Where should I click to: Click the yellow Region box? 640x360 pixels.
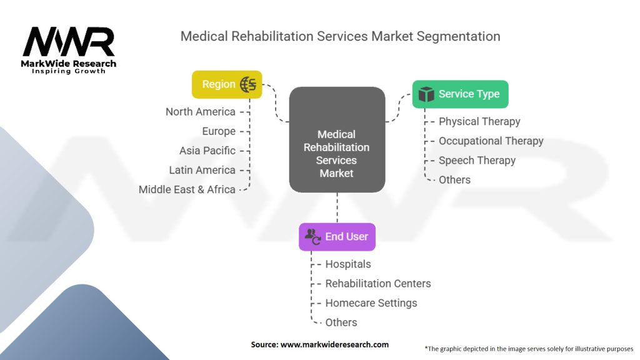tap(227, 84)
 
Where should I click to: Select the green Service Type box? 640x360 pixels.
tap(461, 94)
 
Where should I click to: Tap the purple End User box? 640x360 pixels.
tap(337, 237)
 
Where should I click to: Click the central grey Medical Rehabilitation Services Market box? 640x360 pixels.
tap(337, 139)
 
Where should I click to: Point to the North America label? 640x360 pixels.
tap(201, 112)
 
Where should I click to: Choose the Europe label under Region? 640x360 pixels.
tap(219, 131)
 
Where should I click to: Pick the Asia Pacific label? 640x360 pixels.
tap(207, 151)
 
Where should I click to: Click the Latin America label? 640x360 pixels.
tap(202, 170)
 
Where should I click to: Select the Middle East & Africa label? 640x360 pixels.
tap(187, 190)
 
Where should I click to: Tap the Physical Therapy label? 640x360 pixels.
tap(479, 122)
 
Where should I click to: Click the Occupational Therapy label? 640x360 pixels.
tap(491, 141)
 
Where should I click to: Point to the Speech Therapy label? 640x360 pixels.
tap(477, 161)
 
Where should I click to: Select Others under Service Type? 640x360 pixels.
tap(455, 180)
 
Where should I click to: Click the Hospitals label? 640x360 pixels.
tap(348, 264)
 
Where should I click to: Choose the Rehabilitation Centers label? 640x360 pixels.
tap(378, 284)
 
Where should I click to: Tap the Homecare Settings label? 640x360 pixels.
tap(371, 303)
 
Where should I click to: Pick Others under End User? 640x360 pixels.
tap(341, 322)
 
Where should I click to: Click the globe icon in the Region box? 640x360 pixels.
tap(248, 84)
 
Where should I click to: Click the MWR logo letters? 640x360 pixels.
tap(69, 42)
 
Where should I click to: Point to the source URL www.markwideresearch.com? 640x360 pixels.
tap(335, 344)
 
